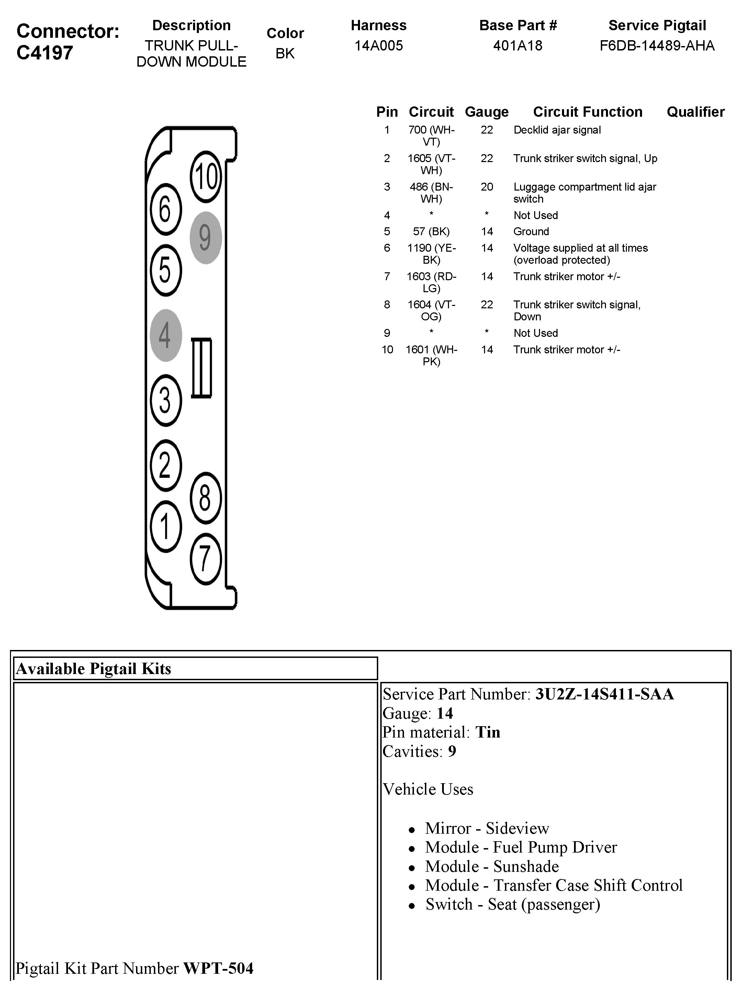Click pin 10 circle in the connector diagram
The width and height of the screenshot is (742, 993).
(206, 176)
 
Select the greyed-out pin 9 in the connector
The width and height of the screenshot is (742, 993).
(205, 238)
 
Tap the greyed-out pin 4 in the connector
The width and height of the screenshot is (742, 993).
(166, 335)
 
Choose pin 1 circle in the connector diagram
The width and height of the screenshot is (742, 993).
(166, 526)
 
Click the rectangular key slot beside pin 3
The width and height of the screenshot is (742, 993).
(202, 368)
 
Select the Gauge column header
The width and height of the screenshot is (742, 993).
(486, 112)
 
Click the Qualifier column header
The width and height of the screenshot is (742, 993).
(695, 112)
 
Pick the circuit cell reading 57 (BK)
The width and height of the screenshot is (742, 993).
(431, 232)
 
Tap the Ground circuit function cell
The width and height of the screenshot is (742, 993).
(531, 232)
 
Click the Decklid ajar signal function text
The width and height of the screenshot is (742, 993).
(557, 130)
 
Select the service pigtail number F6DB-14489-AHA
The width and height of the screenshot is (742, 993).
(657, 46)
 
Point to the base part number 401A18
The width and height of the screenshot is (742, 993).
(517, 46)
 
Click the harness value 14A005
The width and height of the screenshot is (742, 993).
(379, 46)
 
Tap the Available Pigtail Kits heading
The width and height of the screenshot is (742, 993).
(93, 669)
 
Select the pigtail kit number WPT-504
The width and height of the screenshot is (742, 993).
(218, 968)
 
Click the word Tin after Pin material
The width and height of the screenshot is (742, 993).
(488, 732)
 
